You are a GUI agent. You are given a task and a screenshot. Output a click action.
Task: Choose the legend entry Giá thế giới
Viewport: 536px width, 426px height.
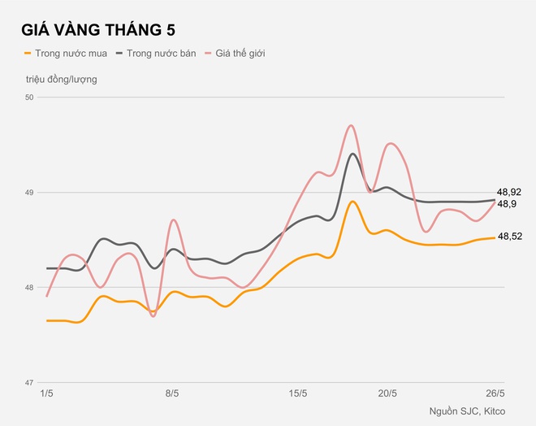pos(240,54)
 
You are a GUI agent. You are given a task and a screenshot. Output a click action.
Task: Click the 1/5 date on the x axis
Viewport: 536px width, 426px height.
pos(46,393)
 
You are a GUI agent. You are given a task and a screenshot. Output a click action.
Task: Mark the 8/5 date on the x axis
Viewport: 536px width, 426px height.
pos(172,393)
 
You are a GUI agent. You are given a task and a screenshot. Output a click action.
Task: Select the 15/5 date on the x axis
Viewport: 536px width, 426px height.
pos(298,393)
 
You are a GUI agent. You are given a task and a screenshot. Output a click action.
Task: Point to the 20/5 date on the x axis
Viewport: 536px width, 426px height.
pos(388,393)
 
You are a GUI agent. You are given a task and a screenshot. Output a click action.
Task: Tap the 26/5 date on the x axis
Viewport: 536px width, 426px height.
pos(495,393)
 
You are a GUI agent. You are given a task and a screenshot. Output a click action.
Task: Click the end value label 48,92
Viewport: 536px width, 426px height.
pos(509,193)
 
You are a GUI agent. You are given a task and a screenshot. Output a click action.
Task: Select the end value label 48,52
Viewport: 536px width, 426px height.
pos(509,237)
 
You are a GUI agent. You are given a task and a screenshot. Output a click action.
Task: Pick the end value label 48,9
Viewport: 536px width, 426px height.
pos(507,204)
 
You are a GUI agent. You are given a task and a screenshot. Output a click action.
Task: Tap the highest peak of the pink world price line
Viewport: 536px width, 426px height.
pos(351,125)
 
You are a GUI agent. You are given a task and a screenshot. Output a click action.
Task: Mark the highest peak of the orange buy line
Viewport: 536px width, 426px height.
pos(352,202)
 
